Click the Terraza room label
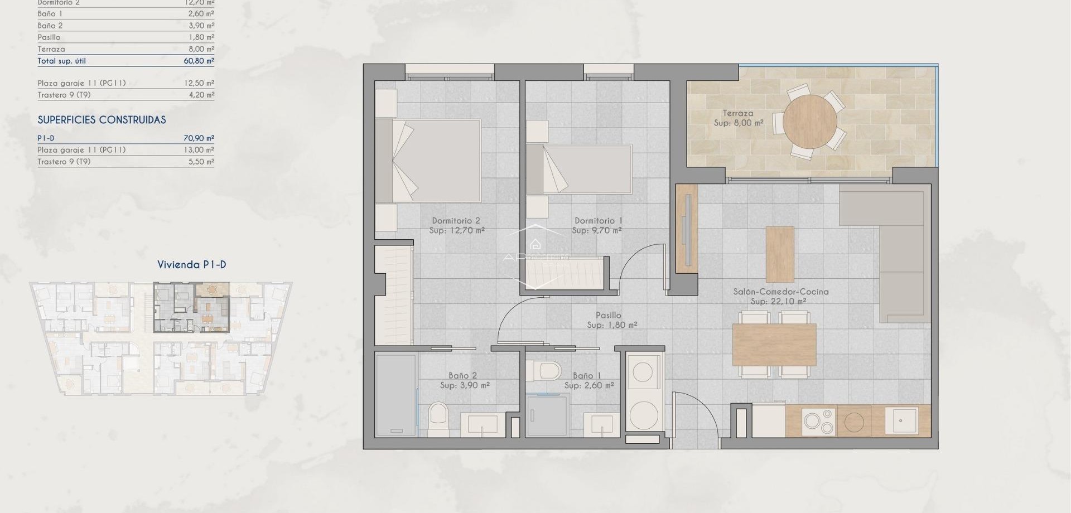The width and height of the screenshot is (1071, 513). click(737, 113)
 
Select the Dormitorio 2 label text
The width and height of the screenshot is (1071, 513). click(456, 221)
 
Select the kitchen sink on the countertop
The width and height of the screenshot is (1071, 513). click(901, 421)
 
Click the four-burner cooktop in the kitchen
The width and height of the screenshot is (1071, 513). click(818, 422)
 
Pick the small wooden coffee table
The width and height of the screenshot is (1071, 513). click(779, 254)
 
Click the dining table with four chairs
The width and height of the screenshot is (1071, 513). click(774, 344)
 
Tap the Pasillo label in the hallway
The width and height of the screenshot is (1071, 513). click(608, 315)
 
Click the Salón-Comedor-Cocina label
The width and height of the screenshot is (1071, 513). click(780, 292)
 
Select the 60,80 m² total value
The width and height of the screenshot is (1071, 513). click(199, 61)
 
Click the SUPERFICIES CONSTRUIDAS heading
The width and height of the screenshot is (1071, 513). click(102, 120)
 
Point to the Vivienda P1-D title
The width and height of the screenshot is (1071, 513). click(191, 265)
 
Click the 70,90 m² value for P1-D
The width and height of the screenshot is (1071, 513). click(199, 138)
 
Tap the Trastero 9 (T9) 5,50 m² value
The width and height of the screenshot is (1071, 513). click(201, 162)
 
